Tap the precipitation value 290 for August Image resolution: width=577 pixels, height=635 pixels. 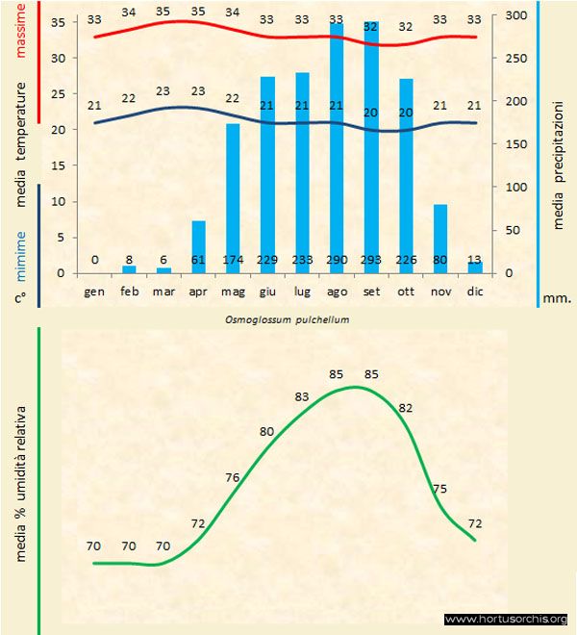pyautogui.click(x=337, y=260)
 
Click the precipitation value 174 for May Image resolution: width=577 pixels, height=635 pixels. pyautogui.click(x=233, y=260)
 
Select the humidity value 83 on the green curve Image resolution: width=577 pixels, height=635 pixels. pyautogui.click(x=303, y=396)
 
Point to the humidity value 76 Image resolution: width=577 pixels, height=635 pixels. pyautogui.click(x=233, y=477)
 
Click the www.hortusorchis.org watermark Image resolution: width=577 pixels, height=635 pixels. pyautogui.click(x=507, y=619)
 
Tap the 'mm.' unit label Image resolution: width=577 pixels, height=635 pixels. pyautogui.click(x=557, y=298)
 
